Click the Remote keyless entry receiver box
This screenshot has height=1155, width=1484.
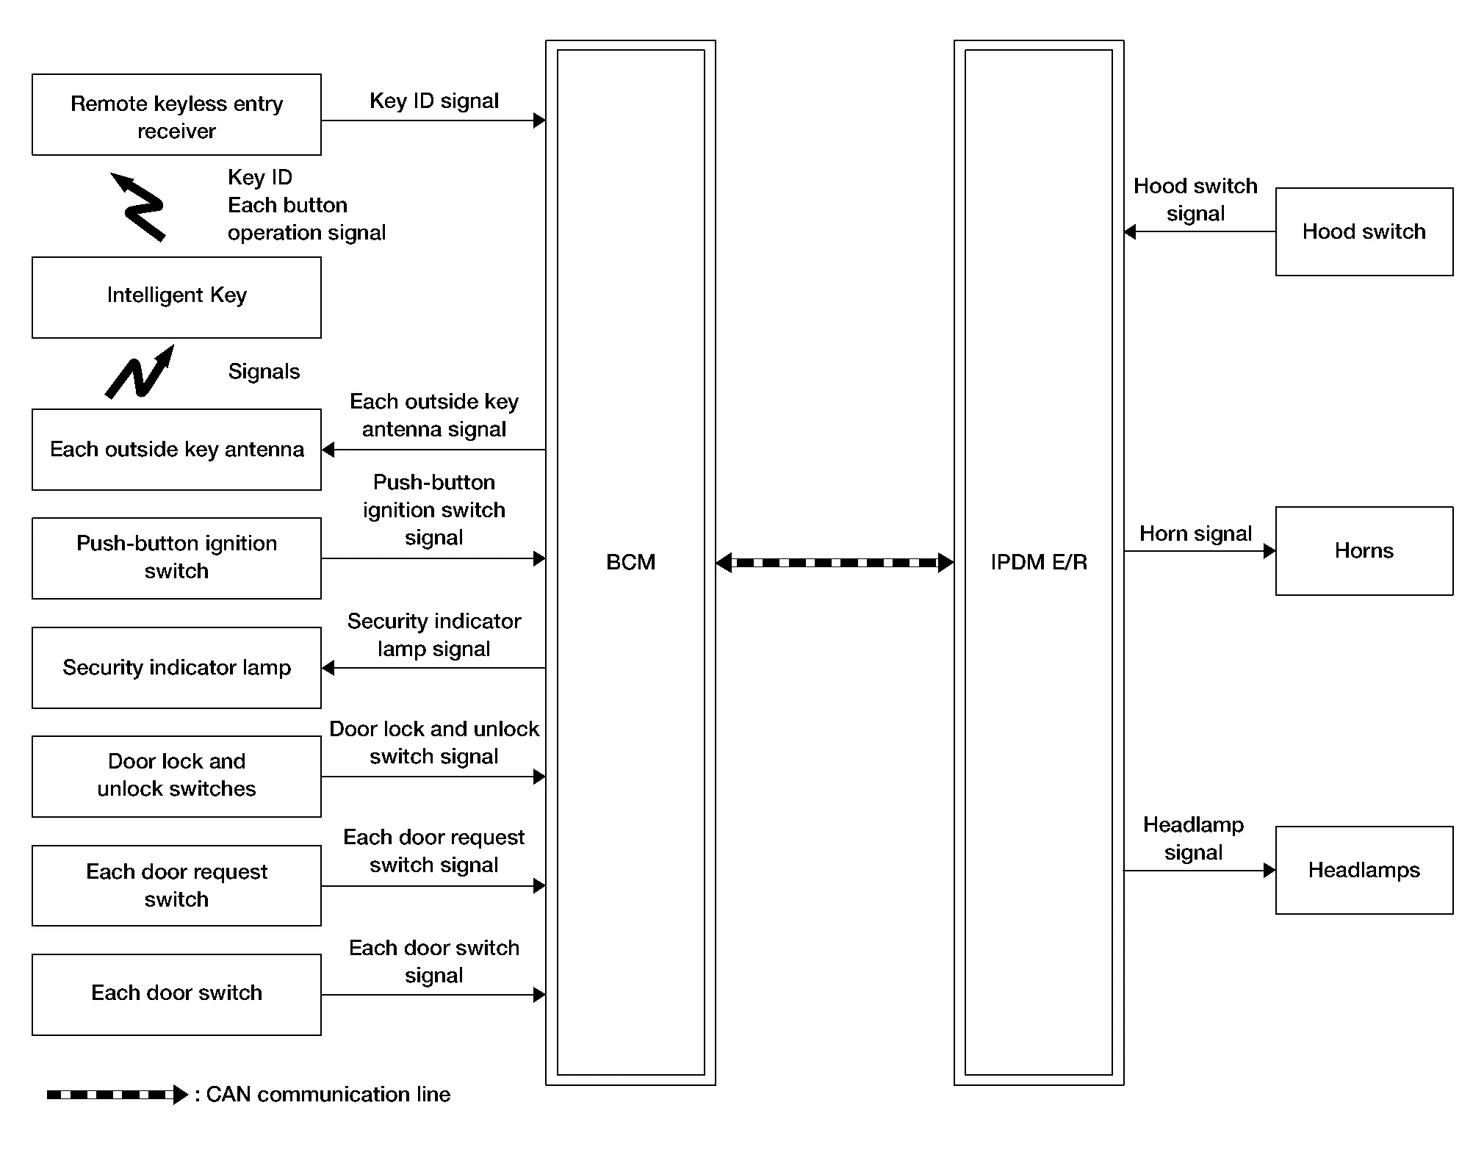tap(176, 115)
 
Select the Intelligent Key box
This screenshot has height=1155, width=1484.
tap(176, 297)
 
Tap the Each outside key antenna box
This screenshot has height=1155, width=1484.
tap(176, 450)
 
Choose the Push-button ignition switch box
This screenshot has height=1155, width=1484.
tap(176, 558)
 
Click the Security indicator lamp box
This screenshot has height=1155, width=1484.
tap(176, 668)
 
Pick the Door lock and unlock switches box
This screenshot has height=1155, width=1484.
tap(176, 777)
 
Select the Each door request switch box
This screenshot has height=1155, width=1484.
tap(176, 885)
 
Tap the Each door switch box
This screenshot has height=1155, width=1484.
tap(176, 994)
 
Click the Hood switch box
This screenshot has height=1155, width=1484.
tap(1364, 232)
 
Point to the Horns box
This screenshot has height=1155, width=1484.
tap(1364, 551)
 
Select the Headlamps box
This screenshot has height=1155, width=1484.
tap(1364, 870)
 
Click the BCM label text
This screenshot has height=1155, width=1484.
tap(630, 563)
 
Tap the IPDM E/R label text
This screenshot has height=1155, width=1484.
tap(1038, 563)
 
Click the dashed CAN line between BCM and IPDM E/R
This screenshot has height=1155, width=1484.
tap(835, 563)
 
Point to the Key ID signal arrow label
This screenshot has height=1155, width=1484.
tap(433, 101)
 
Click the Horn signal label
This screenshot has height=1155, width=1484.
tap(1195, 534)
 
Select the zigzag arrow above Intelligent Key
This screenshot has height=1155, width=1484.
tap(139, 206)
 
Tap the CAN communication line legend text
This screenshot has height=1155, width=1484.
tap(328, 1095)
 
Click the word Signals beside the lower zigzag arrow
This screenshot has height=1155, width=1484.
tap(264, 372)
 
